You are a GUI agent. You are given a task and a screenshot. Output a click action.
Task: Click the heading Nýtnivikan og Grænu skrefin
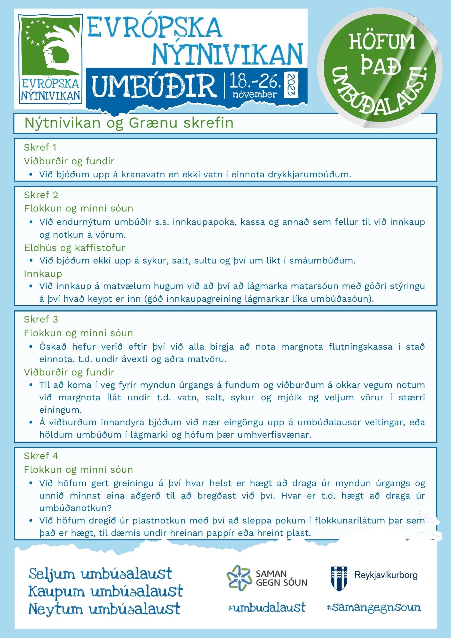(x=129, y=123)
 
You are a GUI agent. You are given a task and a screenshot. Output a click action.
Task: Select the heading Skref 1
(x=40, y=147)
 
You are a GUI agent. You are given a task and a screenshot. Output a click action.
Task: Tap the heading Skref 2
(x=41, y=195)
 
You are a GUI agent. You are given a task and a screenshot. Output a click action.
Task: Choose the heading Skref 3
(x=41, y=319)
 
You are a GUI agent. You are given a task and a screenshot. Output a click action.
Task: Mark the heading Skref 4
(x=41, y=456)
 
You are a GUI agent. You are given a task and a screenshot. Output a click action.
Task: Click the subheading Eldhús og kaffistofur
(x=74, y=248)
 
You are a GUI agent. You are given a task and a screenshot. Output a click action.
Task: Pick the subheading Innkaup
(x=43, y=274)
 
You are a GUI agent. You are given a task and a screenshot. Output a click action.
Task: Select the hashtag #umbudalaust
(x=266, y=608)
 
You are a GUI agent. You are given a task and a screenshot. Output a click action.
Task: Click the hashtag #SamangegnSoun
(x=373, y=607)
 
